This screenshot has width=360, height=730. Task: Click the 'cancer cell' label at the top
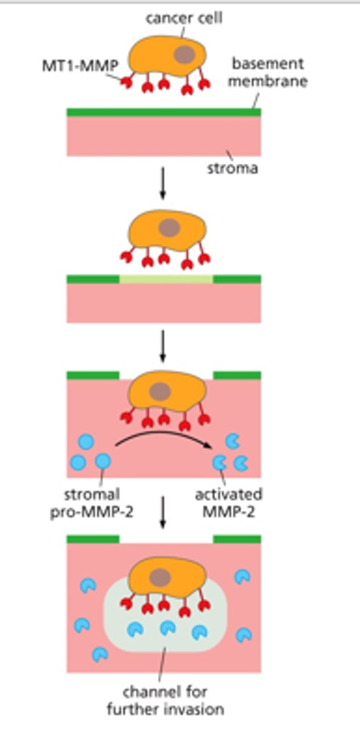click(x=184, y=18)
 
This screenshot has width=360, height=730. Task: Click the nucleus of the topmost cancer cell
click(x=185, y=55)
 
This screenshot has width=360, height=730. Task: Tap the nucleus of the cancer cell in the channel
click(x=161, y=578)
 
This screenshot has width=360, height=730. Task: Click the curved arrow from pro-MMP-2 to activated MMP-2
click(x=164, y=439)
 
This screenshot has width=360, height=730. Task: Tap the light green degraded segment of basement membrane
click(x=165, y=279)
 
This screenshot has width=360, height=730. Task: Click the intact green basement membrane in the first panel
click(x=163, y=112)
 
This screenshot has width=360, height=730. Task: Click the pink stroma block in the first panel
click(x=163, y=137)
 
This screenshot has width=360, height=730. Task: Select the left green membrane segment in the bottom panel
click(x=92, y=539)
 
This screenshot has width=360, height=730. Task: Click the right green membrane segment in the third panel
click(x=237, y=375)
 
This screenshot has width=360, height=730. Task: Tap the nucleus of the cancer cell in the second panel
click(x=169, y=228)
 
